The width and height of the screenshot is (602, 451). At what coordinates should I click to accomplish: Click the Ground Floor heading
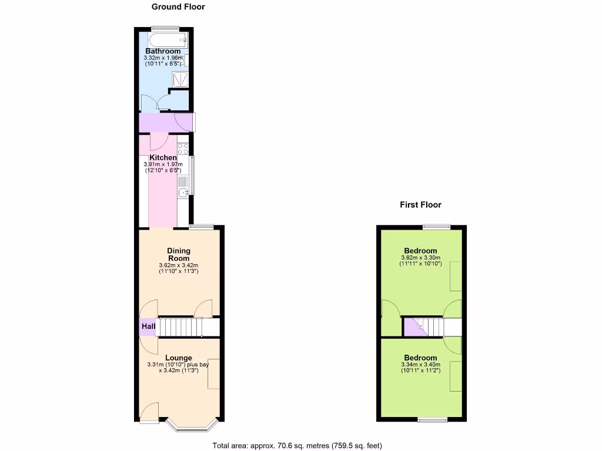(178, 7)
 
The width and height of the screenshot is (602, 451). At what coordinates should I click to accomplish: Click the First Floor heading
(420, 205)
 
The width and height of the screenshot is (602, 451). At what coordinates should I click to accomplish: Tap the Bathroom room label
(163, 51)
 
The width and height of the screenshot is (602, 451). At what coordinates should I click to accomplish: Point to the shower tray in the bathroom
(181, 79)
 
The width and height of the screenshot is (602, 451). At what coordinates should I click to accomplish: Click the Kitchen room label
(163, 158)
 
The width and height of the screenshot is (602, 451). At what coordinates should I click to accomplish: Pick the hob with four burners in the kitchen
(183, 148)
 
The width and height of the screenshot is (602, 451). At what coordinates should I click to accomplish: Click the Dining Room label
(179, 254)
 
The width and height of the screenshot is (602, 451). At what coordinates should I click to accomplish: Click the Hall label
(148, 327)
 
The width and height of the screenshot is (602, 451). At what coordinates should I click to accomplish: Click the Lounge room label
(178, 358)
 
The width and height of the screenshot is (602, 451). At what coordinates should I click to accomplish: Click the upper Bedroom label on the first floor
(420, 251)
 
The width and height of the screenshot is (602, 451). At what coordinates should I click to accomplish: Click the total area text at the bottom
(301, 445)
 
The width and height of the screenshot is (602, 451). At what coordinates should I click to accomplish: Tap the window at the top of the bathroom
(164, 28)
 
